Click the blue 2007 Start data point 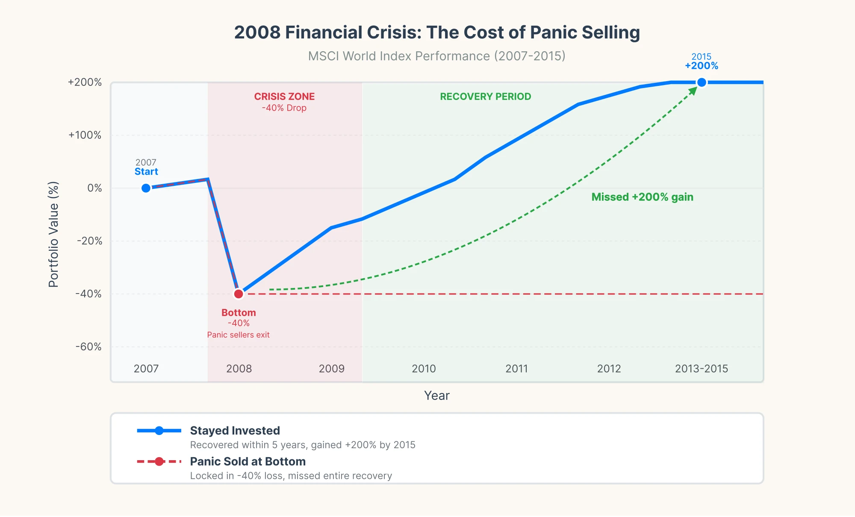pyautogui.click(x=146, y=188)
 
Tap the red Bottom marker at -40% pyautogui.click(x=239, y=294)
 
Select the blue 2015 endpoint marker pyautogui.click(x=702, y=82)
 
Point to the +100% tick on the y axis pyautogui.click(x=85, y=135)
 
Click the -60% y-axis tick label pyautogui.click(x=88, y=347)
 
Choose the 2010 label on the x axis pyautogui.click(x=424, y=368)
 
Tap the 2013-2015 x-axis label pyautogui.click(x=701, y=368)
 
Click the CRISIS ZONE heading pyautogui.click(x=284, y=97)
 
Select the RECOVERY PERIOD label pyautogui.click(x=485, y=97)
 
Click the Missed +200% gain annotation pyautogui.click(x=642, y=197)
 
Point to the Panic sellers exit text pyautogui.click(x=238, y=335)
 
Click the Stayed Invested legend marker pyautogui.click(x=159, y=431)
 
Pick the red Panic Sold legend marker pyautogui.click(x=159, y=461)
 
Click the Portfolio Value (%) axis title pyautogui.click(x=53, y=234)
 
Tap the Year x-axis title pyautogui.click(x=436, y=396)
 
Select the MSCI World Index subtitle pyautogui.click(x=436, y=56)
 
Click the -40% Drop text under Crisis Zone pyautogui.click(x=284, y=108)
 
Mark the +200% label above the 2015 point pyautogui.click(x=702, y=66)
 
